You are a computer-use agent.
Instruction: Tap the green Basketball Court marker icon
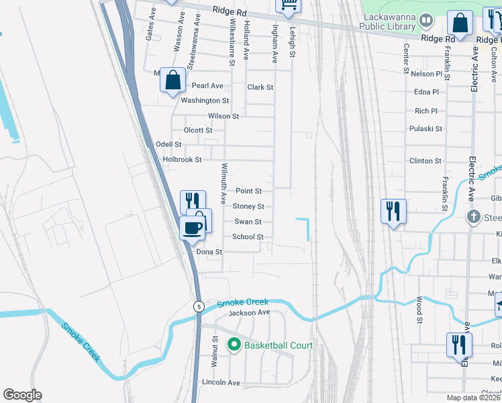click(x=234, y=345)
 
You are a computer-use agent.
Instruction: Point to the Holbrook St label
click(x=182, y=160)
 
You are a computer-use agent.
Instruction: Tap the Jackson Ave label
click(x=248, y=313)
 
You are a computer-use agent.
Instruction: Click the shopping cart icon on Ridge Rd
click(x=289, y=6)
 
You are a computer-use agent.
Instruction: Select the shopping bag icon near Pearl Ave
click(x=173, y=80)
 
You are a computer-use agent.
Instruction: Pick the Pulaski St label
click(x=425, y=128)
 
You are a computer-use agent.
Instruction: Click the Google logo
click(x=22, y=394)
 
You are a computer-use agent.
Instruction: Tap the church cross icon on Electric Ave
click(x=474, y=217)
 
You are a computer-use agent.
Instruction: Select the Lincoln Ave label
click(x=221, y=382)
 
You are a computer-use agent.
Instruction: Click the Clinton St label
click(x=425, y=161)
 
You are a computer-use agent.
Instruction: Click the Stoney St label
click(x=248, y=206)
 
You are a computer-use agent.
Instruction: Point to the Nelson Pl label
click(x=427, y=74)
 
